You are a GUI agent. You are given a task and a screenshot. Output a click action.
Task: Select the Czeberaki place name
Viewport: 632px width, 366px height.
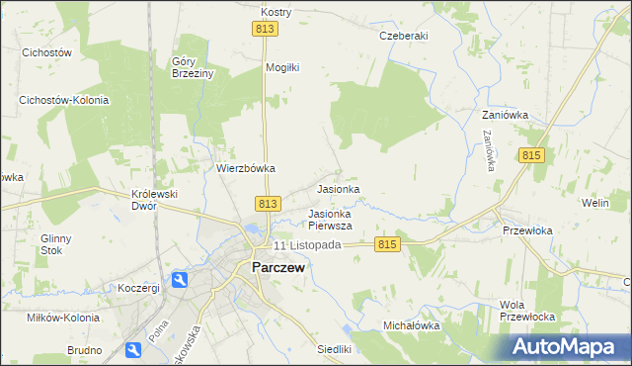[x=403, y=36]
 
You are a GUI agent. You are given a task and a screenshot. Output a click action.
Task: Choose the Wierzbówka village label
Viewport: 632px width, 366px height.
[x=246, y=168]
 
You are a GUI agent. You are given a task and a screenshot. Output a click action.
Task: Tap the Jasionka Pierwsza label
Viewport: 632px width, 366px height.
[x=330, y=219]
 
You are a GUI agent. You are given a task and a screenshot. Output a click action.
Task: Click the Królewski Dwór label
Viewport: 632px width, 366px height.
[x=154, y=200]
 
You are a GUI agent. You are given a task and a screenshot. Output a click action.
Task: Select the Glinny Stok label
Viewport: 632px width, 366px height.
[x=58, y=243]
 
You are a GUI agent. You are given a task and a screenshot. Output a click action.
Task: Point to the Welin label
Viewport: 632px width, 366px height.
[x=594, y=203]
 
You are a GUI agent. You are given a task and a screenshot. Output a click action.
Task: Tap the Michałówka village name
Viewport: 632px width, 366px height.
[x=411, y=325]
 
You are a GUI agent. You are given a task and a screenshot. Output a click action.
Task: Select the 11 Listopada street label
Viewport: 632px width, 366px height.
[x=307, y=244]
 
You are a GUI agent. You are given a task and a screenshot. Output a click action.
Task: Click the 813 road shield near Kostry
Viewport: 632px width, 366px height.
[x=264, y=30]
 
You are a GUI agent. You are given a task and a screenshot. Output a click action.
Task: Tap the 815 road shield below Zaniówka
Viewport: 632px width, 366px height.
[x=530, y=156]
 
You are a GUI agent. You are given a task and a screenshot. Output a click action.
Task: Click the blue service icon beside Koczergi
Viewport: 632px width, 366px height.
[x=180, y=282]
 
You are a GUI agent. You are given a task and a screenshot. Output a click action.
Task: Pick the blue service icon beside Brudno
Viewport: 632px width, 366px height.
[x=133, y=349]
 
